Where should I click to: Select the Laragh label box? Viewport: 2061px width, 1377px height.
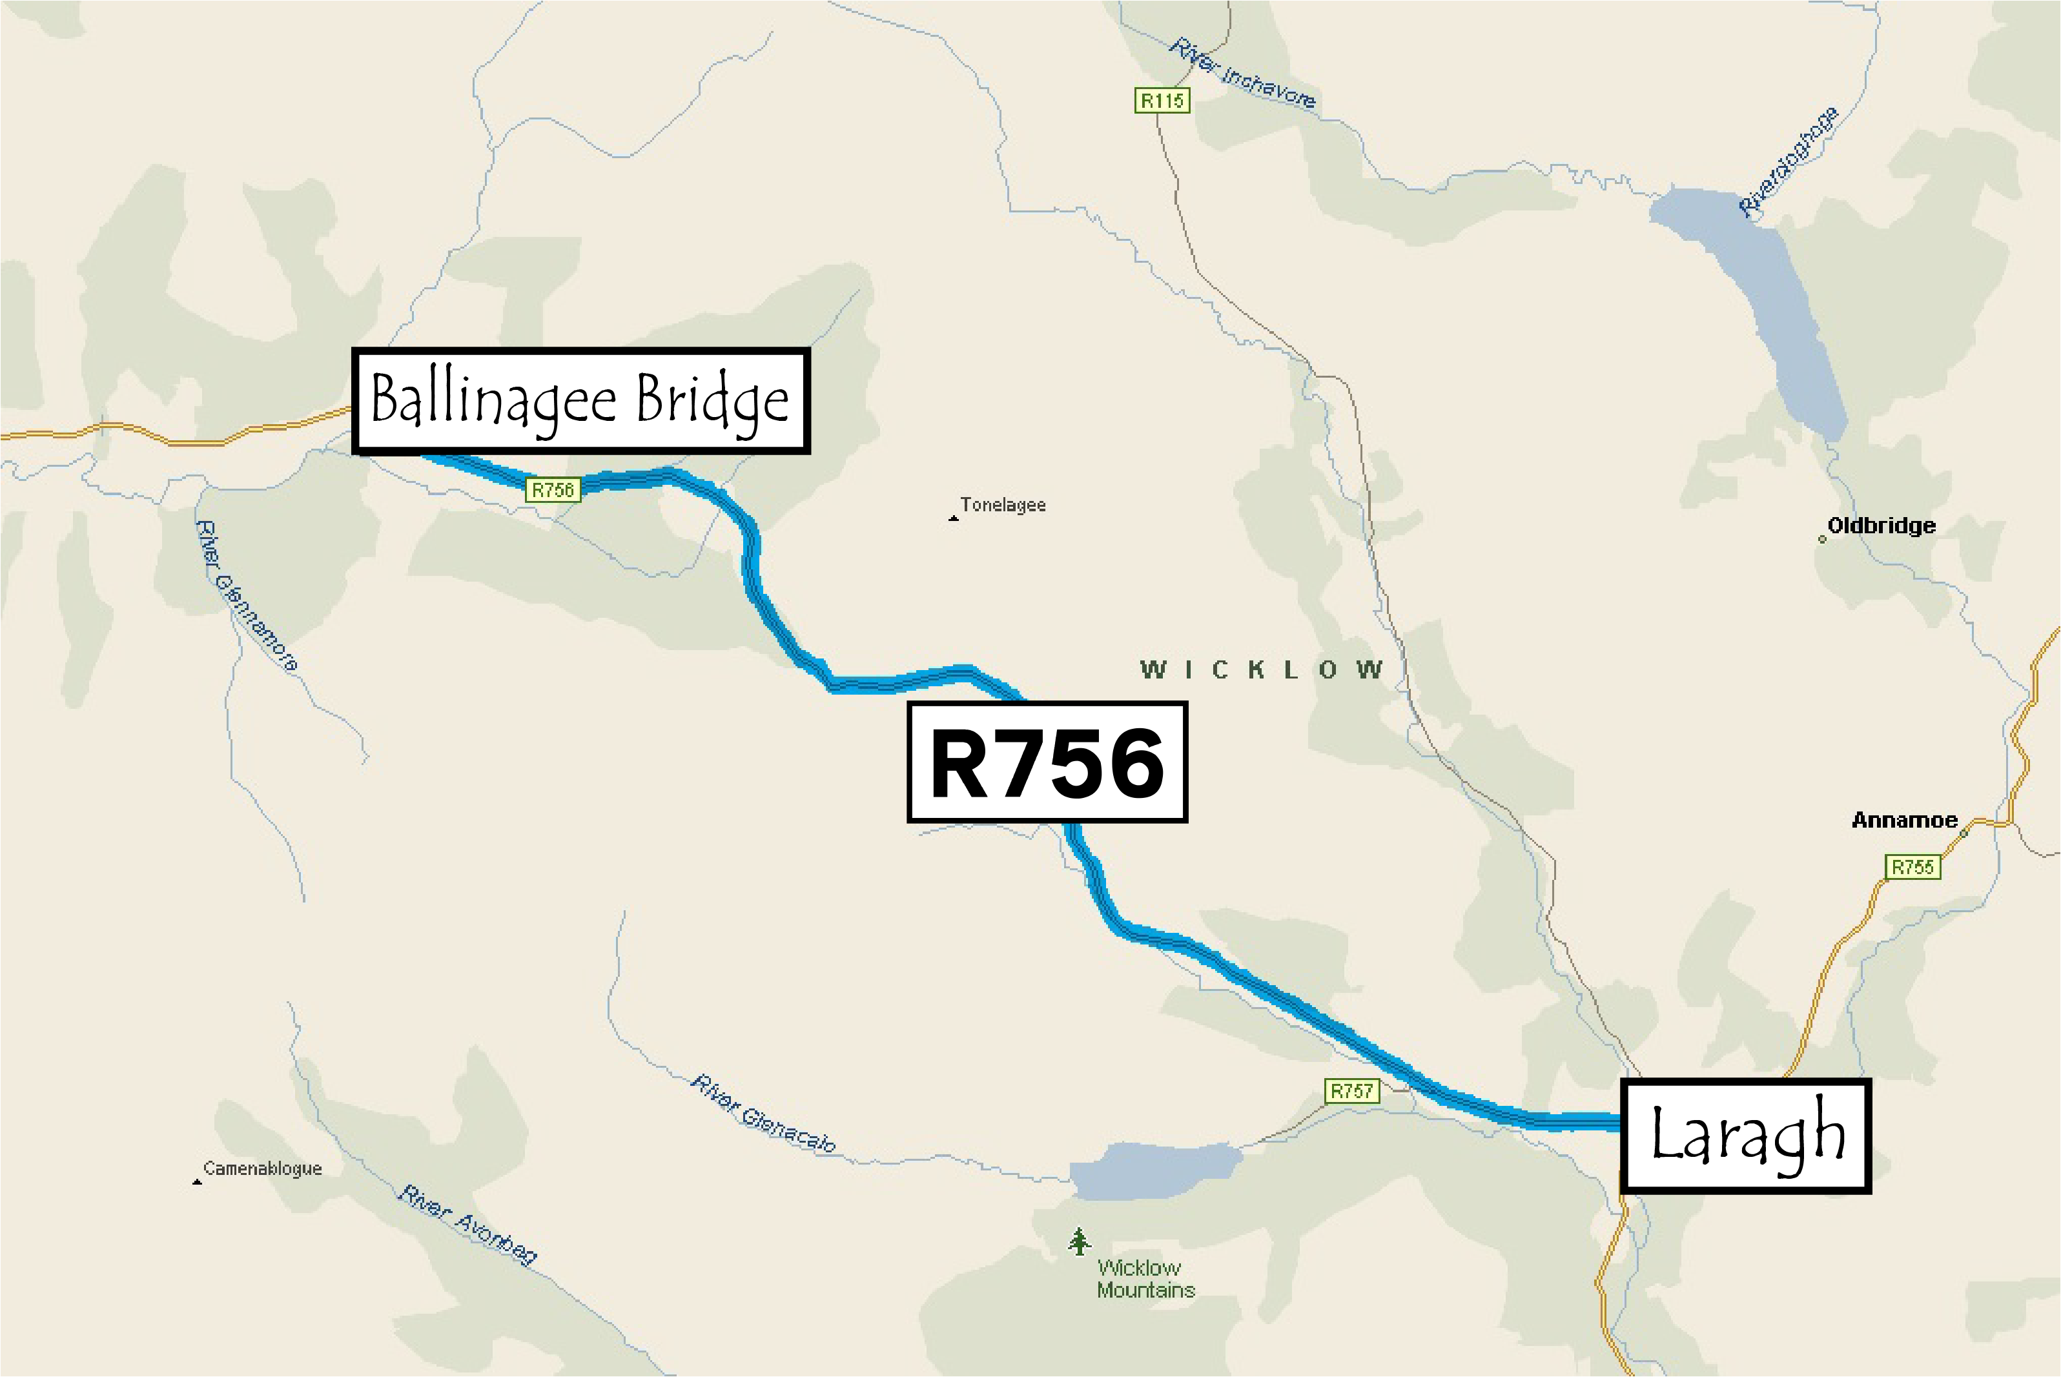[1746, 1136]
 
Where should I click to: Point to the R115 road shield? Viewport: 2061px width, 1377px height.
[1162, 101]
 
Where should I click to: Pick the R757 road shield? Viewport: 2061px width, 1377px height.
[1351, 1091]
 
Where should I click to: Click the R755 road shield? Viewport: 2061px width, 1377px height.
[1912, 868]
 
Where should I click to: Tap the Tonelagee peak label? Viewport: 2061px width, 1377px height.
[1003, 505]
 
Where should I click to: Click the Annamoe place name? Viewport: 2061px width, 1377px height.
[1905, 821]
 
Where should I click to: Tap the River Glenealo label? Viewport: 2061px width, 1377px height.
[763, 1114]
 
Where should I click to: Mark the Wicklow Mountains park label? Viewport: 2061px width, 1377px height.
[1145, 1279]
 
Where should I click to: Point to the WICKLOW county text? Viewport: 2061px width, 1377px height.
[1261, 670]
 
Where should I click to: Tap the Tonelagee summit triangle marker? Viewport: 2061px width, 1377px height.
[954, 518]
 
